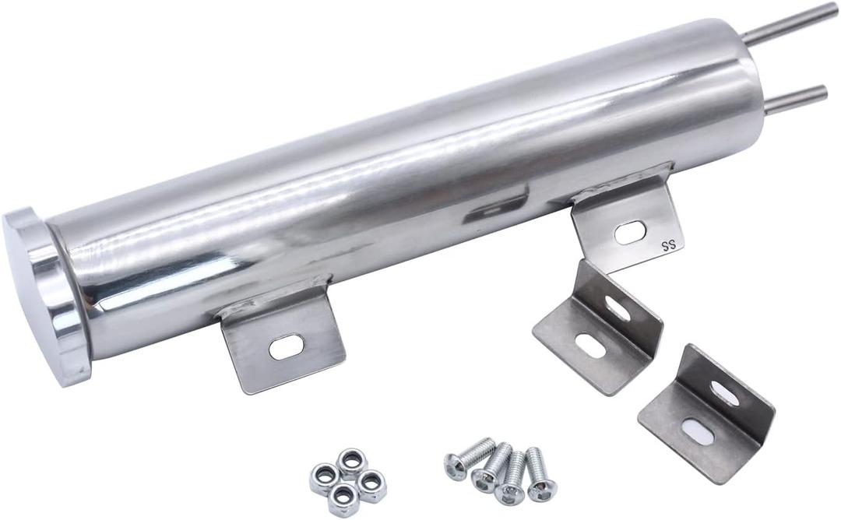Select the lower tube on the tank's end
[x=794, y=100]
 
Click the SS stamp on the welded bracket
[x=667, y=245]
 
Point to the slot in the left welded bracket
[x=287, y=346]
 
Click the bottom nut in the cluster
[x=343, y=499]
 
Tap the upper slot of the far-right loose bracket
[x=724, y=394]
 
